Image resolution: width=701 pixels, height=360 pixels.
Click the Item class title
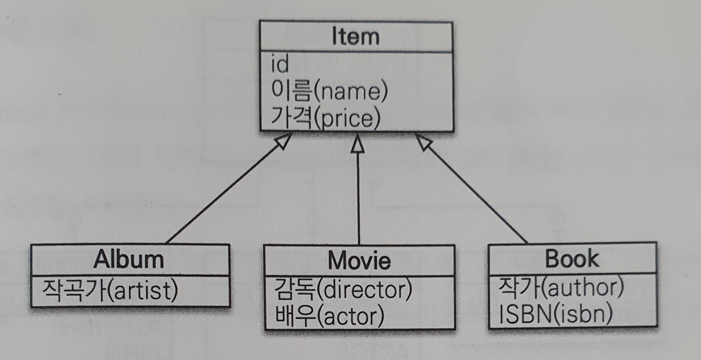coord(356,36)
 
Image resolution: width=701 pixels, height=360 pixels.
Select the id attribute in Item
coord(280,64)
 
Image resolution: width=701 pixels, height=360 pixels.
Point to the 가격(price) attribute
coord(325,118)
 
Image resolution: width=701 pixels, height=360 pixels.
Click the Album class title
coord(129,260)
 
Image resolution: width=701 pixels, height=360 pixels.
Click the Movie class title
coord(359,261)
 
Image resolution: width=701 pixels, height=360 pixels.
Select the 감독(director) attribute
coord(343,289)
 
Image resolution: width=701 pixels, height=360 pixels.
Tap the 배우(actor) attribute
coord(330,315)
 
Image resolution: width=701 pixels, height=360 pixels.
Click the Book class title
coord(572,259)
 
